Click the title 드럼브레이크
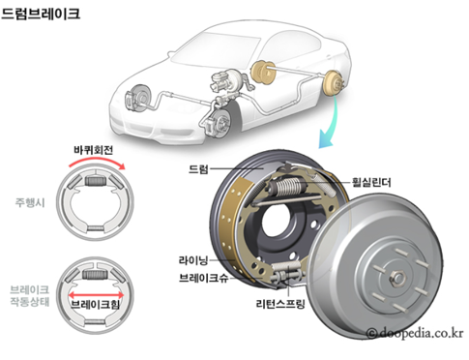tap(41, 14)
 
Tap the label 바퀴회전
tap(93, 150)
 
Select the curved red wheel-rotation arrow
tap(97, 163)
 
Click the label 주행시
tap(30, 202)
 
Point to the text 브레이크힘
tap(95, 304)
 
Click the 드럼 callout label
tap(198, 169)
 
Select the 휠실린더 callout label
tap(371, 183)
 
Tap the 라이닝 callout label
tap(193, 260)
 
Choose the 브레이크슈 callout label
tap(204, 278)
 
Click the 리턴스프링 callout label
tap(280, 304)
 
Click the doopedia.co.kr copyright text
tap(415, 333)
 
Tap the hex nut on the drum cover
tap(396, 278)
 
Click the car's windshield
tap(215, 47)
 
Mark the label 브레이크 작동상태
tap(29, 295)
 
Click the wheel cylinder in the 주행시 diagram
tap(95, 181)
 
